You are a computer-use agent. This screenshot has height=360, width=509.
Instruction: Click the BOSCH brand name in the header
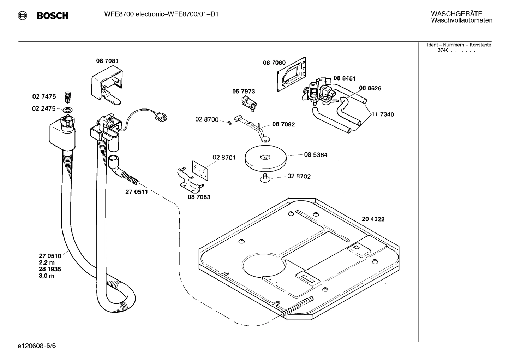click(x=53, y=16)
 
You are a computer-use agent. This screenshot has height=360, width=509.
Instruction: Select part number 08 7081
click(x=107, y=61)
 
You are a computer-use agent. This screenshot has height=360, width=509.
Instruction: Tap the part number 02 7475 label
click(x=44, y=96)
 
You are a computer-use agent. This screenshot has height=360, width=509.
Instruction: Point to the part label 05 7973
click(x=243, y=91)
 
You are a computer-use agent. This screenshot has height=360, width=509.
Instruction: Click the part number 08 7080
click(x=274, y=63)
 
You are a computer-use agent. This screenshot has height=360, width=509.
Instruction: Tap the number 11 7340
click(x=383, y=114)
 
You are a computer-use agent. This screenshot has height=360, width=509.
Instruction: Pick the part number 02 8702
click(x=299, y=176)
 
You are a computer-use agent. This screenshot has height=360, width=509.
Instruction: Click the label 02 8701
click(x=224, y=157)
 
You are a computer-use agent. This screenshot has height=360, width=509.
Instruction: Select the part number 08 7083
click(x=199, y=197)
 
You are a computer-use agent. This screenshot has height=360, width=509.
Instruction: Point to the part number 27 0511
click(x=137, y=192)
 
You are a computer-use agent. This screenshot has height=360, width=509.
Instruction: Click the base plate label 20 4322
click(x=373, y=219)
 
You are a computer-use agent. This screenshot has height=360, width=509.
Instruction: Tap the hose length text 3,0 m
click(x=47, y=276)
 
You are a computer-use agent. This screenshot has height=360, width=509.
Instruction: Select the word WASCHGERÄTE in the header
click(x=456, y=14)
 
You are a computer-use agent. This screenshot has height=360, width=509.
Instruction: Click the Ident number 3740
click(x=443, y=50)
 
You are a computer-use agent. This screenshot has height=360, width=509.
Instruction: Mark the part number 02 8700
click(x=207, y=119)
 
